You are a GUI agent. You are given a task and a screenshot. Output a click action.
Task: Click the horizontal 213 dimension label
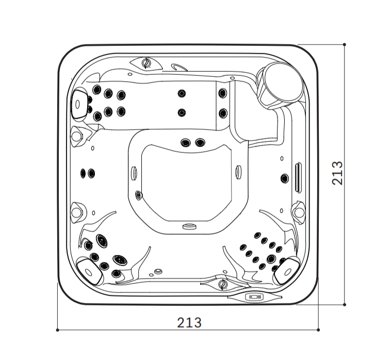(189, 323)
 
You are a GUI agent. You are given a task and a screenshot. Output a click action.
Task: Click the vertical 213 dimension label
(337, 173)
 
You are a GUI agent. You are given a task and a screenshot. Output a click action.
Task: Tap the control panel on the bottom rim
(254, 297)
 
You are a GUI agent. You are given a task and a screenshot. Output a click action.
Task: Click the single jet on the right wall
(285, 178)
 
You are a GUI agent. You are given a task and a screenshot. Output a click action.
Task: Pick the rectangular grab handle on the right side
(298, 177)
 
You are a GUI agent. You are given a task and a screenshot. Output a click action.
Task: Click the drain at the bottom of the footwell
(189, 226)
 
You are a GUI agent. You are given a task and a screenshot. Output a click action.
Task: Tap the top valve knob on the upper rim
(147, 63)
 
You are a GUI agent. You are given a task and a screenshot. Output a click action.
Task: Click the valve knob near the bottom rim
(223, 284)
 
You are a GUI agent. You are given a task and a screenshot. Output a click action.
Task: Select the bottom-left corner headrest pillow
(89, 272)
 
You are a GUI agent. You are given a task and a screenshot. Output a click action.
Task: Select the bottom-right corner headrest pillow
(287, 271)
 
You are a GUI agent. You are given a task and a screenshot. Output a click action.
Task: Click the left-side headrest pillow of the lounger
(79, 104)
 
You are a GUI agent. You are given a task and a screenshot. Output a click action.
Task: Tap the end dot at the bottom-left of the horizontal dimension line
(57, 330)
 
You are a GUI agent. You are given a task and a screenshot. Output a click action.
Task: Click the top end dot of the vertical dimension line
(345, 44)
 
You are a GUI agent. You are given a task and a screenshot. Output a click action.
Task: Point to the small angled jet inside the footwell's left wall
(138, 195)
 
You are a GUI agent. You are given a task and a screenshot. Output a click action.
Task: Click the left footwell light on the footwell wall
(134, 172)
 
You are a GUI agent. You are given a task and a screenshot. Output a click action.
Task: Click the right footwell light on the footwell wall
(238, 172)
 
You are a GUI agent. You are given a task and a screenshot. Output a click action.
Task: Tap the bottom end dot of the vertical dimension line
(345, 305)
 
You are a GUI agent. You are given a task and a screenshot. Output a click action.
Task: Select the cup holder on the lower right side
(298, 212)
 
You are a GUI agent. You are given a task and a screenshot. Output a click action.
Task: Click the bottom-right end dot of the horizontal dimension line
(318, 330)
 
